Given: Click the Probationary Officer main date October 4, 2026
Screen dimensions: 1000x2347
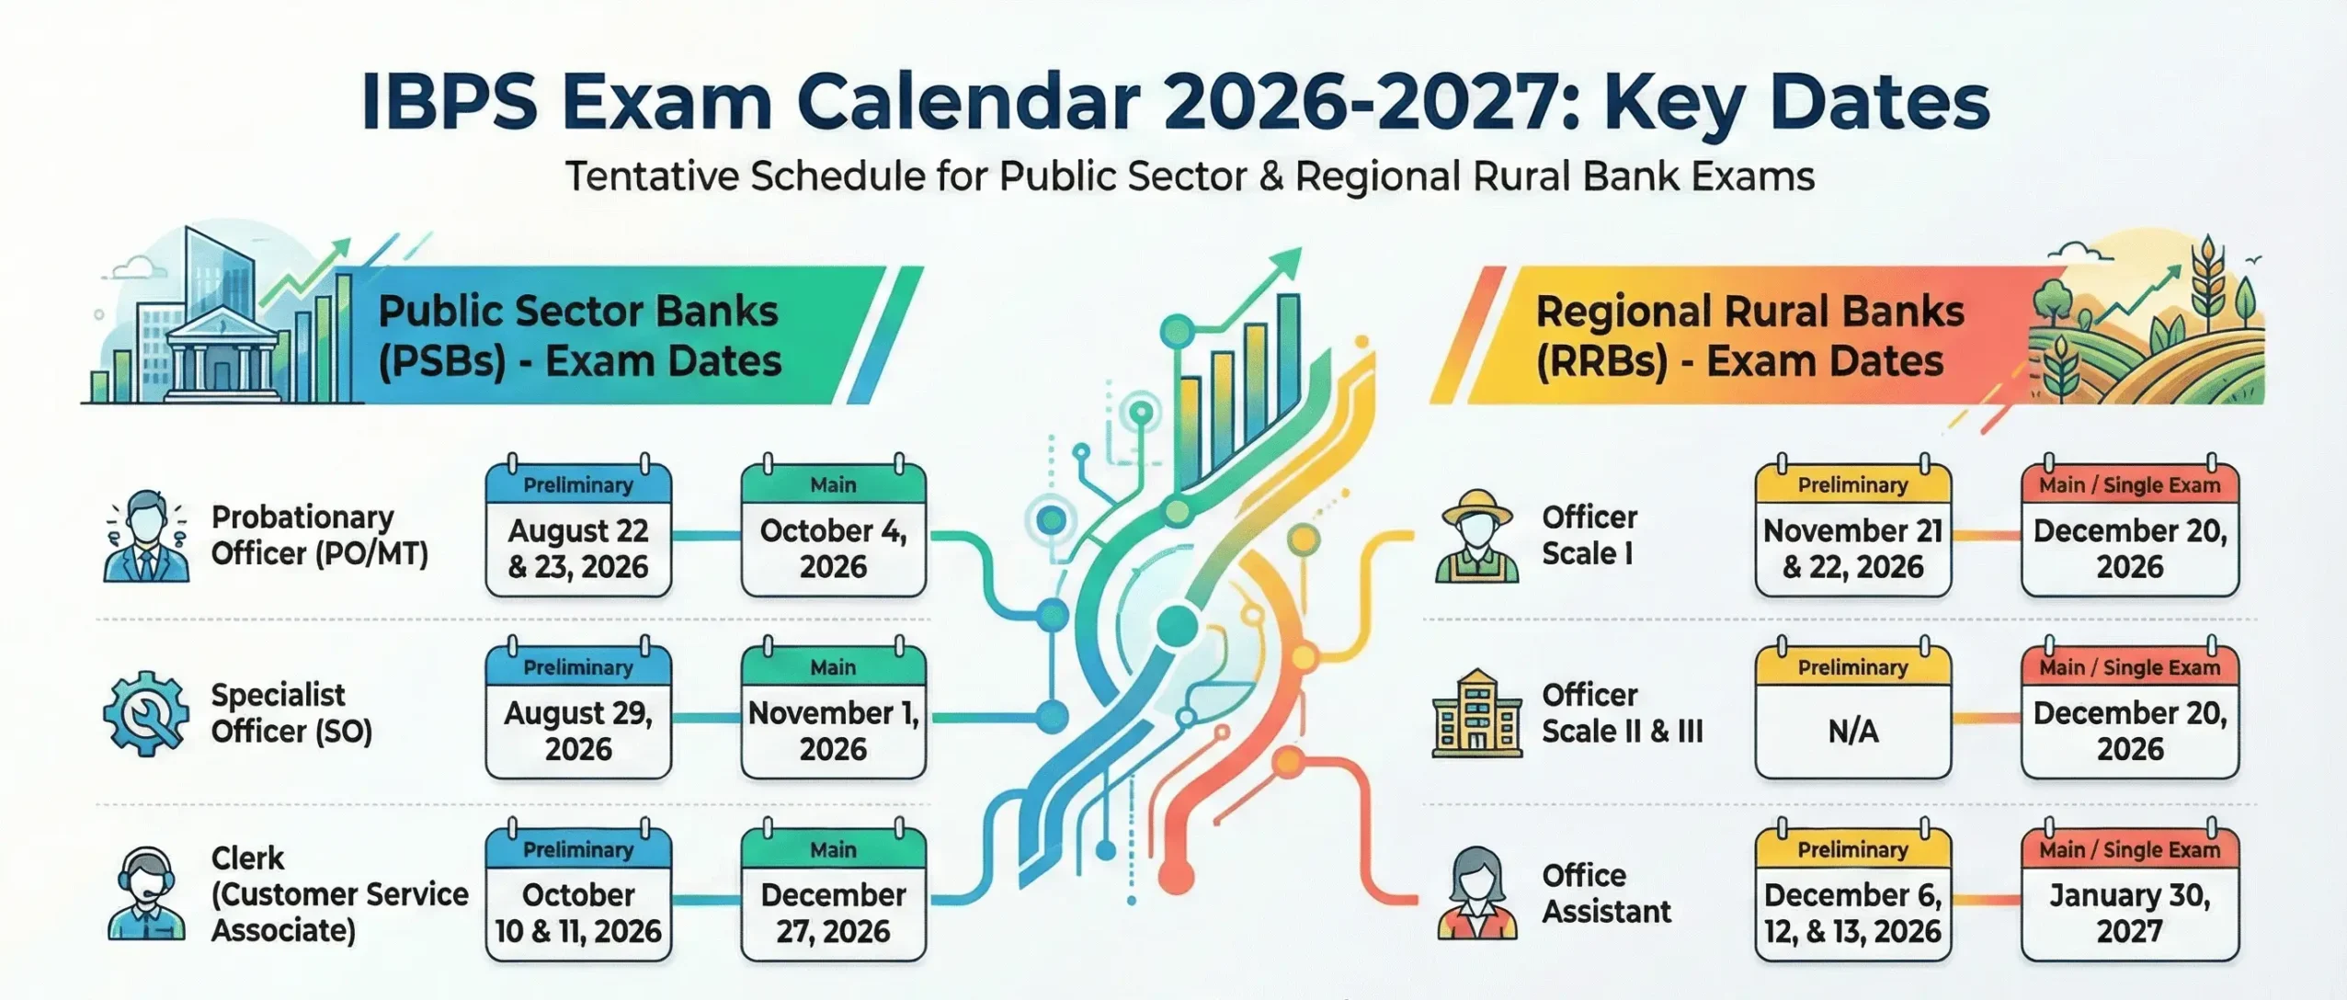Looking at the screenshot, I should click(833, 549).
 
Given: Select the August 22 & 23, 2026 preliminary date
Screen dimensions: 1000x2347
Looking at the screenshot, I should click(578, 549).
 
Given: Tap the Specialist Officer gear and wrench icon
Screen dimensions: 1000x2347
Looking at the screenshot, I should click(145, 714).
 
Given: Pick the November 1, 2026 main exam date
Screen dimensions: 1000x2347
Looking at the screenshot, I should click(833, 731).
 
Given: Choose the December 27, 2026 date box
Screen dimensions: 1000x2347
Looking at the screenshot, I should click(833, 913).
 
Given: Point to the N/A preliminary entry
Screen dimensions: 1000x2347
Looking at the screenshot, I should click(1852, 731).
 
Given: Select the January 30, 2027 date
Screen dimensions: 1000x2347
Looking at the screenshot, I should click(2129, 913).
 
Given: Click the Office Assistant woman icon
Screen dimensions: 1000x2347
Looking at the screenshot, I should click(1476, 894).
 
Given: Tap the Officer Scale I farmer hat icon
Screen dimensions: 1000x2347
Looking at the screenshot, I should click(1476, 536).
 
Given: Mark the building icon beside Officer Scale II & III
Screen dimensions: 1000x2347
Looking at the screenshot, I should click(1476, 714).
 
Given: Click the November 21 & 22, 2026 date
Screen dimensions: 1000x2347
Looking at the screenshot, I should click(1852, 549).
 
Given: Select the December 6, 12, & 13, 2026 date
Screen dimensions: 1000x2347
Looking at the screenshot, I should click(1852, 913).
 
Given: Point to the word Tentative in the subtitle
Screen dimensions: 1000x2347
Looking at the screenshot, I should click(649, 176).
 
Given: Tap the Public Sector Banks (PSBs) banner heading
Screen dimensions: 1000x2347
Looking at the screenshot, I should click(579, 336).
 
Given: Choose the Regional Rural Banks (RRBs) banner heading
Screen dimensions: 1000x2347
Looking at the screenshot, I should click(1749, 336).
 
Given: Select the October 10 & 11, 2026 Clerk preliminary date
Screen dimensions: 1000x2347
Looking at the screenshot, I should click(578, 913).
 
